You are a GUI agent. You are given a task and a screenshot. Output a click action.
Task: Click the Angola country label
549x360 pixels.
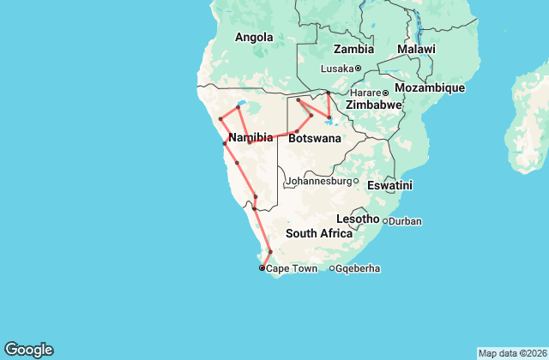[254, 37]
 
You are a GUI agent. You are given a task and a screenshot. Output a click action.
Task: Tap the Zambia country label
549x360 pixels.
[353, 49]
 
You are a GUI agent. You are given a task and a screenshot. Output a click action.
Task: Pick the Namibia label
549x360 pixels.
[250, 137]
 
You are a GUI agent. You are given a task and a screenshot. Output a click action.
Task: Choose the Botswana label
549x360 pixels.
[315, 138]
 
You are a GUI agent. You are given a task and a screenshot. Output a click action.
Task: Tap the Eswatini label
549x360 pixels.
[389, 184]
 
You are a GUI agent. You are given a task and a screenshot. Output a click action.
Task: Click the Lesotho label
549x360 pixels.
[358, 219]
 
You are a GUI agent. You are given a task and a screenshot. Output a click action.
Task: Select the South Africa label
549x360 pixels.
[319, 233]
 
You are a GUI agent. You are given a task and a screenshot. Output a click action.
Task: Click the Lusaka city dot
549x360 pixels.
[358, 69]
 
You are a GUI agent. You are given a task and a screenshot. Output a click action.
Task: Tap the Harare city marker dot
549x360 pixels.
[385, 93]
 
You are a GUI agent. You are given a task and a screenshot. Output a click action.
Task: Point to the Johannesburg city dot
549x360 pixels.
[356, 181]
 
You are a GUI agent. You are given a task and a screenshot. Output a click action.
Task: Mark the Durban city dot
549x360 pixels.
[385, 221]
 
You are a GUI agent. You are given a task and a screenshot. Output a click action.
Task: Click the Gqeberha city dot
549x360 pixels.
[332, 269]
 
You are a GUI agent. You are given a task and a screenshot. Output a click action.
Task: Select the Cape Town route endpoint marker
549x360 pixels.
[262, 268]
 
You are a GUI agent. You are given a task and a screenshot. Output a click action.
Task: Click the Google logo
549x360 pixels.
[28, 350]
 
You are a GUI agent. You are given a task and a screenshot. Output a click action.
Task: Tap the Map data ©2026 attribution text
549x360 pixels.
[511, 353]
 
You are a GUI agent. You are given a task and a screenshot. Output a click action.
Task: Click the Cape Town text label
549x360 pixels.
[293, 269]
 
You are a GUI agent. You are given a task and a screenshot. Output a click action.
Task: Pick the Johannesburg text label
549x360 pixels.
[318, 181]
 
